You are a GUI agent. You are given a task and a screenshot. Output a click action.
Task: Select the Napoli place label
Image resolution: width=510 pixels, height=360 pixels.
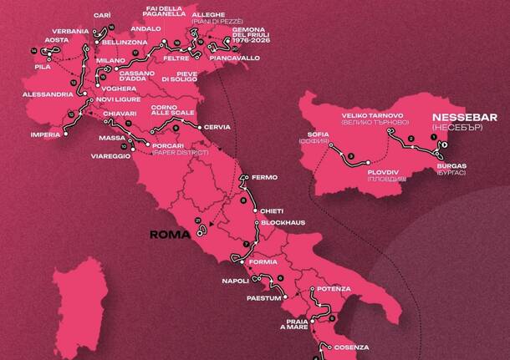237,281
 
